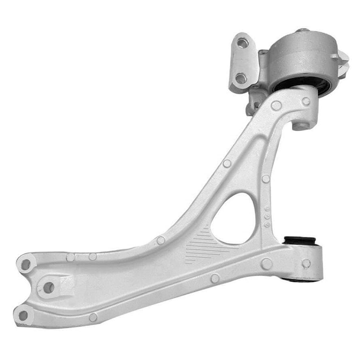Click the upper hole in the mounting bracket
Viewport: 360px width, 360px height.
pyautogui.click(x=242, y=43)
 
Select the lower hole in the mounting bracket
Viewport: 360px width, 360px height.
pyautogui.click(x=241, y=78)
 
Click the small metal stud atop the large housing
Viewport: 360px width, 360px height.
pyautogui.click(x=302, y=30)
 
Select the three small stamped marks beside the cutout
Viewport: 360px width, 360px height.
pyautogui.click(x=267, y=216)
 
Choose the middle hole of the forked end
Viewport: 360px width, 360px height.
pyautogui.click(x=49, y=288)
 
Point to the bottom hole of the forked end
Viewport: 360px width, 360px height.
pyautogui.click(x=23, y=315)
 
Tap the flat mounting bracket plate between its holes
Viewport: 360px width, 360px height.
pyautogui.click(x=242, y=61)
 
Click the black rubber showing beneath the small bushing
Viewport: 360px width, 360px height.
pyautogui.click(x=299, y=280)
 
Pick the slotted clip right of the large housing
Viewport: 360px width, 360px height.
pyautogui.click(x=343, y=59)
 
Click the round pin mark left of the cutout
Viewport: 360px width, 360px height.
pyautogui.click(x=161, y=241)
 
